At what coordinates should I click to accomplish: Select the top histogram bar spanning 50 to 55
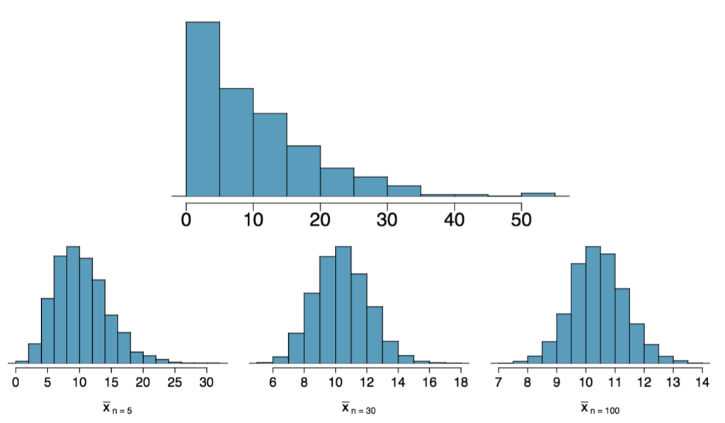pos(538,194)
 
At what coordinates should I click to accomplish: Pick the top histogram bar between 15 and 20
pos(303,170)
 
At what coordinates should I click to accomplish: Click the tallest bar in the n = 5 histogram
pos(73,305)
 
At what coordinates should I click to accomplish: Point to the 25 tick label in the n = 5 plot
pos(174,380)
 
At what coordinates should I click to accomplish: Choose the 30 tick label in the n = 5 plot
pos(206,380)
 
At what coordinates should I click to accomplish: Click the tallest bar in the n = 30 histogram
pos(343,305)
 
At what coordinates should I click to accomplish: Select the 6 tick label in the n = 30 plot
pos(273,380)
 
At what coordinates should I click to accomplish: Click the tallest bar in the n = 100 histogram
pos(593,305)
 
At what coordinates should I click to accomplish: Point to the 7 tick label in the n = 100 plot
pos(498,380)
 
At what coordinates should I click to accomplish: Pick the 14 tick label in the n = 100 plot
pos(703,380)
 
